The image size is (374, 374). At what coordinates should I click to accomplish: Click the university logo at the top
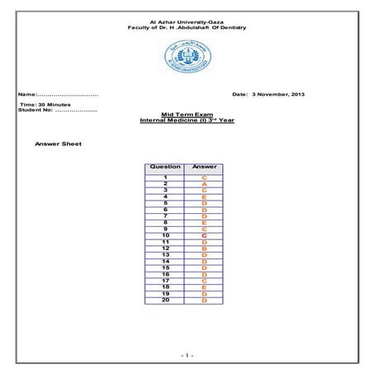point(186,58)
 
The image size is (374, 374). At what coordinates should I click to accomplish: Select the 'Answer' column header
point(204,167)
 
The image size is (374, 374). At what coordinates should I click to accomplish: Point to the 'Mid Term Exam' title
point(186,115)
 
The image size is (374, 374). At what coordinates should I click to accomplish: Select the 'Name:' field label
point(32,95)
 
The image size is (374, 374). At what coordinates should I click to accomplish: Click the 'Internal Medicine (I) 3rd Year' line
point(186,121)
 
